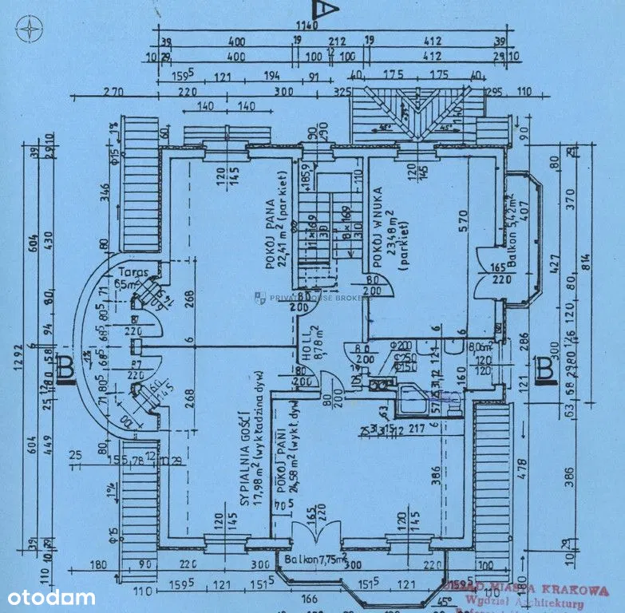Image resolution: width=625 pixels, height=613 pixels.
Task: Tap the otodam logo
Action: click(x=52, y=597)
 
